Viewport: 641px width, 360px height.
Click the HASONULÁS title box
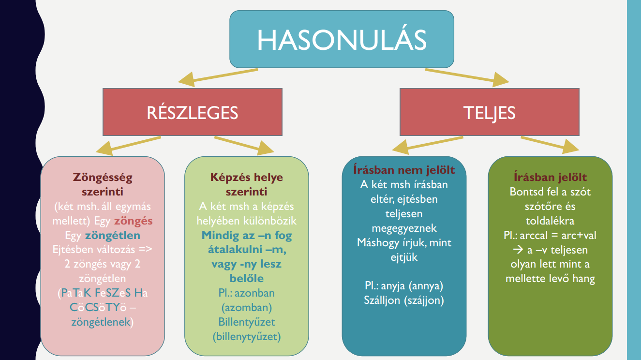pyautogui.click(x=342, y=39)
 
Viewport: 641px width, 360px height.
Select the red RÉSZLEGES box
pyautogui.click(x=192, y=112)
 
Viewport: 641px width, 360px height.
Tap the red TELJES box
pyautogui.click(x=489, y=112)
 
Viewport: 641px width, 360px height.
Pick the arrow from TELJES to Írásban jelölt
pyautogui.click(x=549, y=144)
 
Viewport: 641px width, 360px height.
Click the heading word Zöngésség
pyautogui.click(x=103, y=177)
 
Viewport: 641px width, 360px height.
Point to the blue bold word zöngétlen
pyautogui.click(x=112, y=236)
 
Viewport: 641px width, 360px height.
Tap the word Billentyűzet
pyautogui.click(x=247, y=322)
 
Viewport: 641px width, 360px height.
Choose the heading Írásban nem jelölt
pyautogui.click(x=403, y=170)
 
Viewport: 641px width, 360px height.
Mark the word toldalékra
pyautogui.click(x=550, y=221)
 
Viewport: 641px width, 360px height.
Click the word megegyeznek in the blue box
pyautogui.click(x=404, y=228)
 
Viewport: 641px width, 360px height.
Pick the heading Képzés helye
pyautogui.click(x=247, y=177)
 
